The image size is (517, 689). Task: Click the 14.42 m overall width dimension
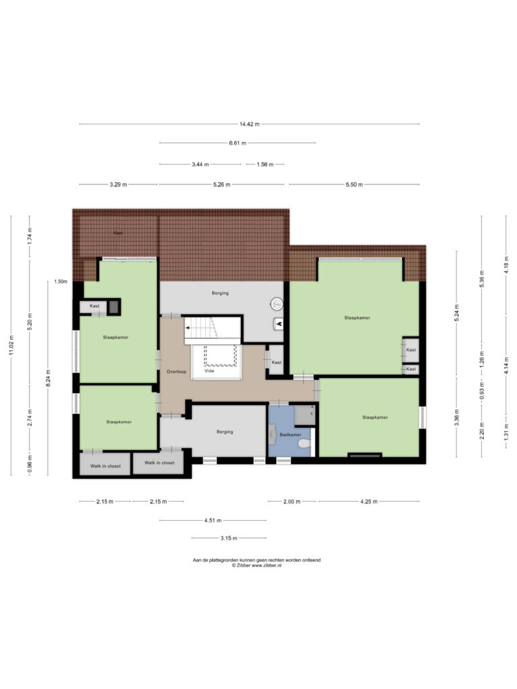pos(249,124)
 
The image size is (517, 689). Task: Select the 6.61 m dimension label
pos(238,143)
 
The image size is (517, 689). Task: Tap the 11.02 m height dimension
pos(11,345)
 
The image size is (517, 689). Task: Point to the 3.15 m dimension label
pos(229,538)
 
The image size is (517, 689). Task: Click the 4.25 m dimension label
pos(369,501)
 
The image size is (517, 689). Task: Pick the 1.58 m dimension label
pos(265,164)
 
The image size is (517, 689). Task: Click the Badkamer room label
pos(291,435)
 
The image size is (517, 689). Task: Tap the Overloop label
pos(176,371)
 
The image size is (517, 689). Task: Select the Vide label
pos(209,371)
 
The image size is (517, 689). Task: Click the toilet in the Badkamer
pos(304,444)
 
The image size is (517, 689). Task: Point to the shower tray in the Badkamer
pos(304,415)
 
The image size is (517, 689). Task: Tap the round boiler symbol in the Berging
pos(277,303)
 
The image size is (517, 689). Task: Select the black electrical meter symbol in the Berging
pos(278,324)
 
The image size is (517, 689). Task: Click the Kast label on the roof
pos(118,233)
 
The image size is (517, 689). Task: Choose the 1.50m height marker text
pos(61,282)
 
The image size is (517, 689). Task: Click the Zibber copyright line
pos(256,565)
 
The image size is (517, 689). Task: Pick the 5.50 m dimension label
pos(354,184)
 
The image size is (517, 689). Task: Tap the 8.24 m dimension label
pos(48,378)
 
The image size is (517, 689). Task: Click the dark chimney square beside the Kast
pos(114,307)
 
